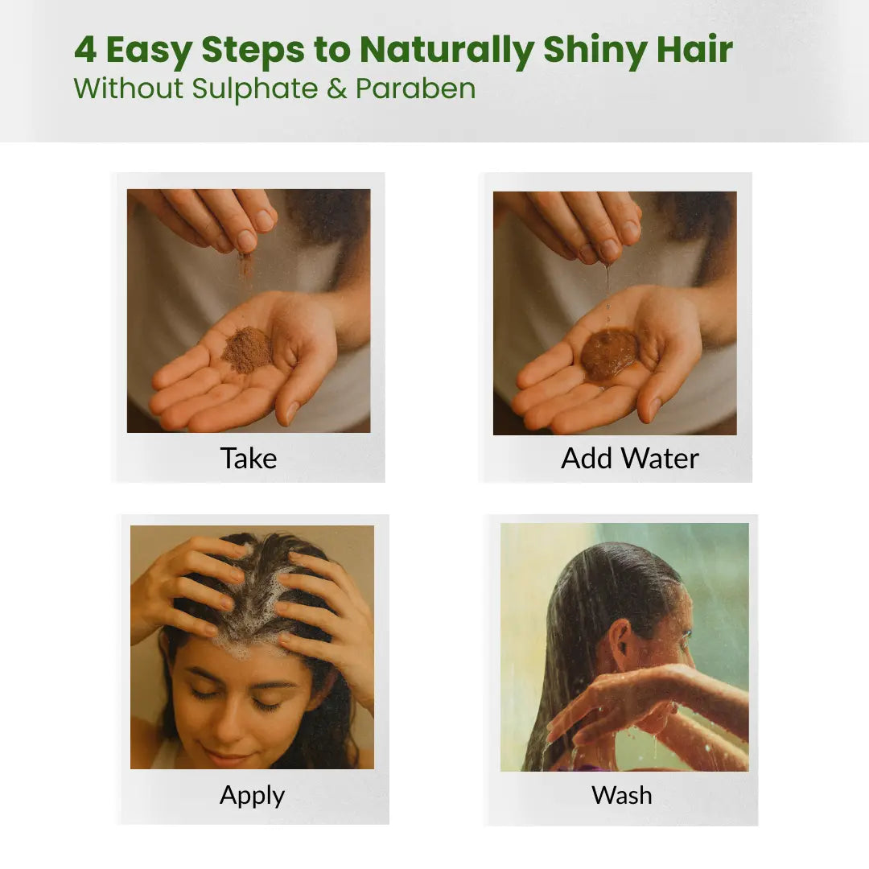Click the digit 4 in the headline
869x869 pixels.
(x=85, y=49)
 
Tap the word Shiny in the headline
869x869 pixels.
(x=595, y=51)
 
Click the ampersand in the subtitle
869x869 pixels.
(x=336, y=89)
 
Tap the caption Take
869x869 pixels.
(x=249, y=459)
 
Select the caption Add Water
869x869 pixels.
(x=629, y=459)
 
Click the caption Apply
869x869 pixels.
(x=252, y=797)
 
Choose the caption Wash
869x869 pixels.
(x=622, y=795)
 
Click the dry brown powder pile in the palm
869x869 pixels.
(x=248, y=349)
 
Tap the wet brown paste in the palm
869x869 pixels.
(x=610, y=355)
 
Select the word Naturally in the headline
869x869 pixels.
(x=447, y=51)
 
